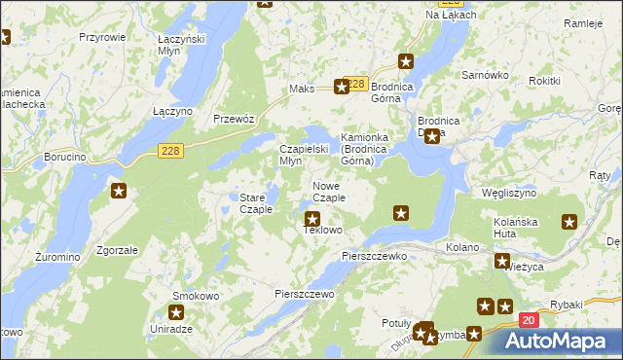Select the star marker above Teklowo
[312, 219]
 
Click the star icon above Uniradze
[176, 312]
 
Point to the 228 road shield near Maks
[356, 85]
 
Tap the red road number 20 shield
[528, 320]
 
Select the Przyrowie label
[103, 36]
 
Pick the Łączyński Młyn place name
[176, 44]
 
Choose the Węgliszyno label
[509, 194]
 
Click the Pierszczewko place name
[374, 256]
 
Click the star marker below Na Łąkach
[407, 59]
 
